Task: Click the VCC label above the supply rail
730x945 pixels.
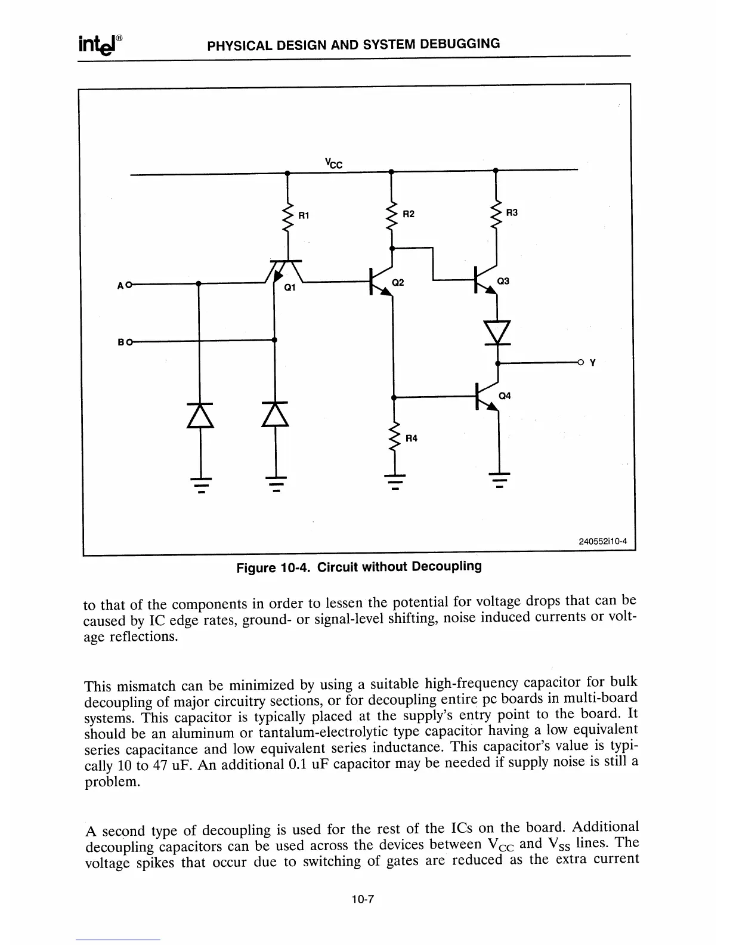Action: pyautogui.click(x=333, y=162)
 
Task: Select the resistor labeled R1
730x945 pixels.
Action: pyautogui.click(x=288, y=216)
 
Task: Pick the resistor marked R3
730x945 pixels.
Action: pyautogui.click(x=496, y=214)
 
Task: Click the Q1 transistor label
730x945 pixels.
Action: pyautogui.click(x=290, y=288)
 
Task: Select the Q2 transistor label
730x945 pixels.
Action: pyautogui.click(x=398, y=282)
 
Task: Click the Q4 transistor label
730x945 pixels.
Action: pyautogui.click(x=504, y=396)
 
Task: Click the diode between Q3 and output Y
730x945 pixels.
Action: pyautogui.click(x=497, y=332)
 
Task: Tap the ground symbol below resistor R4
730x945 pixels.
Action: pyautogui.click(x=393, y=480)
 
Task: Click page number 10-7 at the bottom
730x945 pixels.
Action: pyautogui.click(x=362, y=900)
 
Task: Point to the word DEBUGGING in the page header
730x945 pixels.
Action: pyautogui.click(x=460, y=44)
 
